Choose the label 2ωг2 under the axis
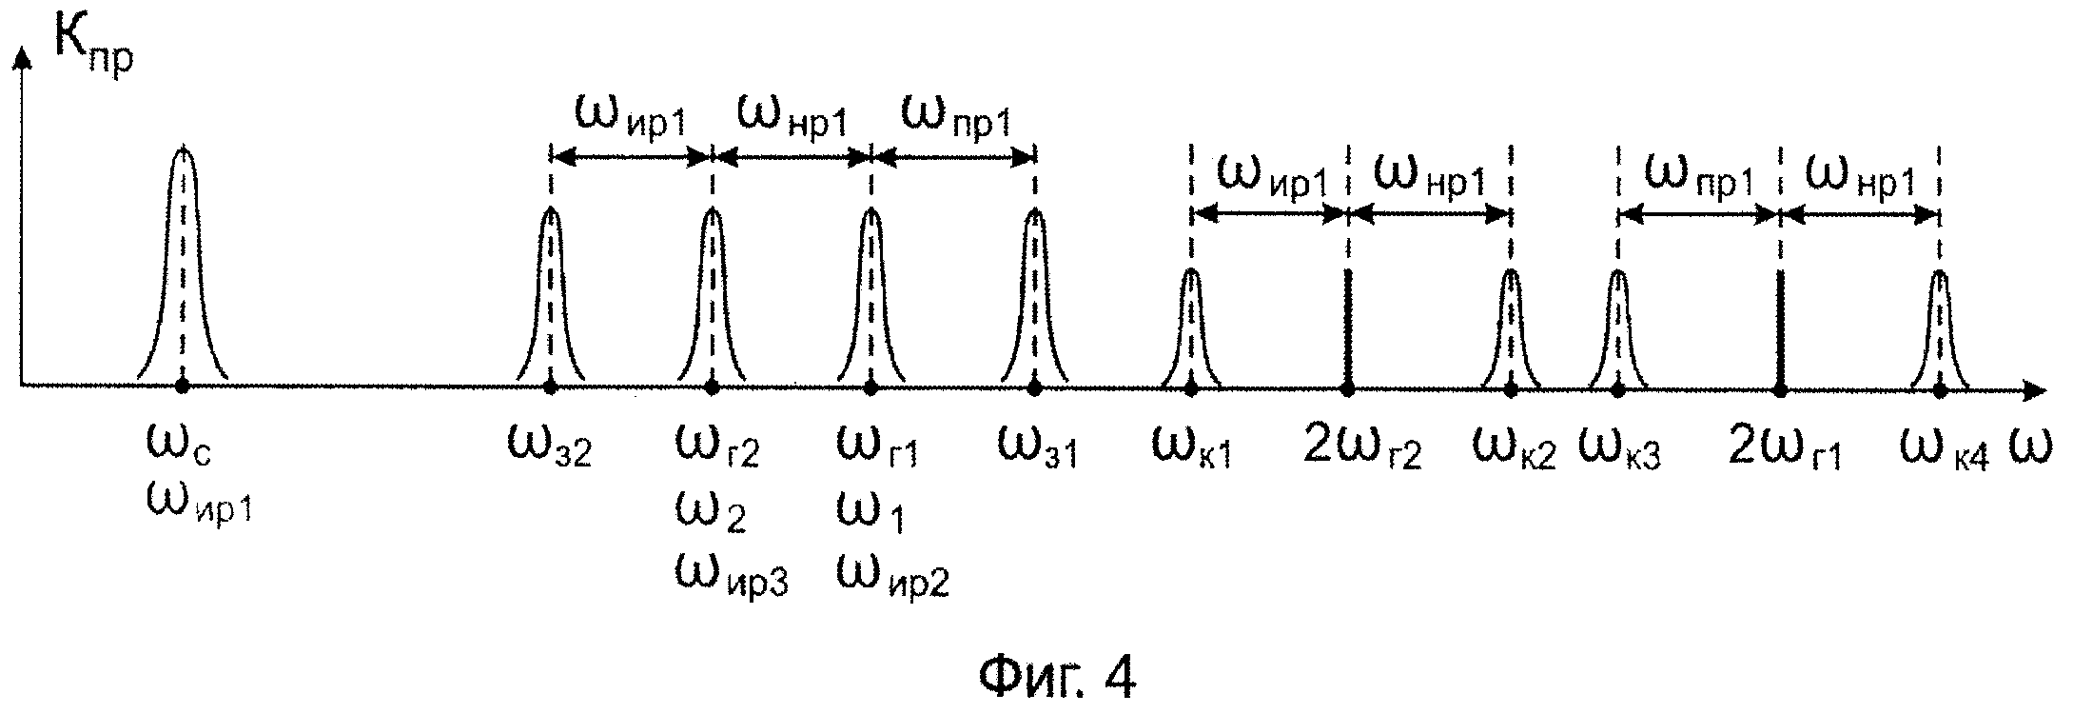click(x=1361, y=447)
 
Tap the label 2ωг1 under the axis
click(x=1785, y=447)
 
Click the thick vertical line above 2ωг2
click(x=1348, y=328)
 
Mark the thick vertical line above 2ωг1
click(x=1780, y=328)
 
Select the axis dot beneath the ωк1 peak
click(x=1191, y=387)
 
